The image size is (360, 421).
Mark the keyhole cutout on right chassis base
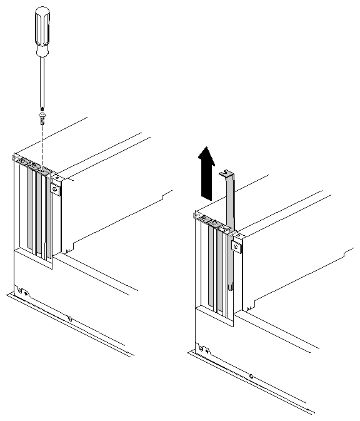[x=202, y=348]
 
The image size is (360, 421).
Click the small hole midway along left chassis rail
[x=70, y=319]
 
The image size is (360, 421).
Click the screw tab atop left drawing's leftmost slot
[x=22, y=160]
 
